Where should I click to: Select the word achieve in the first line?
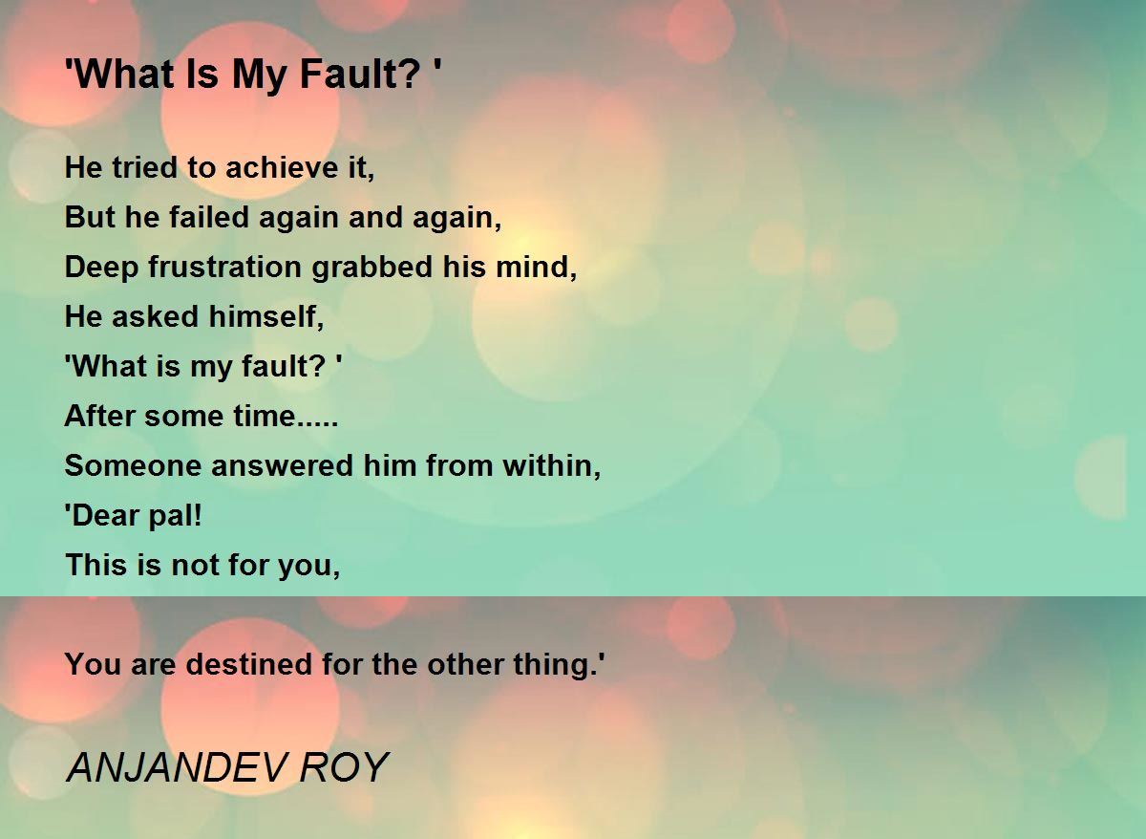[282, 167]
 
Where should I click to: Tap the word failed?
[209, 217]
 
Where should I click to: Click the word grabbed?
[371, 268]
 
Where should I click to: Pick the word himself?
[266, 316]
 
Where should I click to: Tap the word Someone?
[133, 465]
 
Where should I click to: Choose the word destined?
[248, 664]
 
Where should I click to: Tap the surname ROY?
[345, 768]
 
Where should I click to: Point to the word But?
[90, 217]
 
